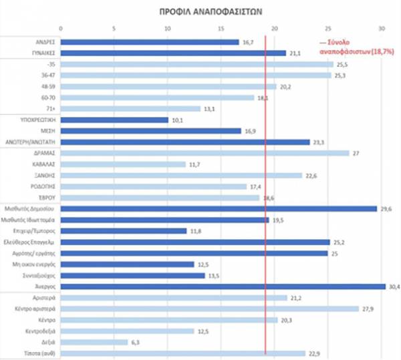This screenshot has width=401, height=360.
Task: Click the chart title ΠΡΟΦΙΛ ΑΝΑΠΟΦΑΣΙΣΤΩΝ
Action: tap(200, 12)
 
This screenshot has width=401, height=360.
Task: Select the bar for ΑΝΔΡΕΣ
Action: tap(150, 42)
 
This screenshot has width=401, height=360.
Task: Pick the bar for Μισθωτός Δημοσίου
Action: tap(219, 208)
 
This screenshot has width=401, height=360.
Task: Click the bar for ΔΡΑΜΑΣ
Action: tap(205, 153)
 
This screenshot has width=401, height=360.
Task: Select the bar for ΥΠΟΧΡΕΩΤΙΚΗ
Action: tap(114, 120)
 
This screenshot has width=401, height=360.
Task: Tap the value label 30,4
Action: tap(394, 287)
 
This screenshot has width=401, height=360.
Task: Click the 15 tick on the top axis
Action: tap(221, 28)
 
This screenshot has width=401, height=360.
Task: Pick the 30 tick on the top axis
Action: tap(382, 28)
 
